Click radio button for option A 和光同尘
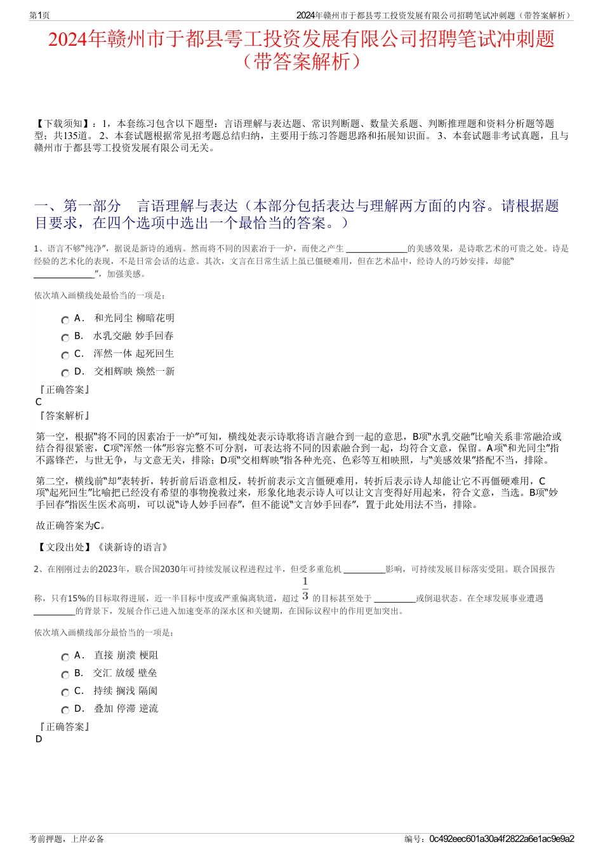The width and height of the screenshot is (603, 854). pyautogui.click(x=65, y=320)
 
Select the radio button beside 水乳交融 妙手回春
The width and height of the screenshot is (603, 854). pyautogui.click(x=65, y=338)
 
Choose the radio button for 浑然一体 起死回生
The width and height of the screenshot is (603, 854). pyautogui.click(x=65, y=356)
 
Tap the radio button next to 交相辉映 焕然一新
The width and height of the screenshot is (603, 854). pyautogui.click(x=65, y=373)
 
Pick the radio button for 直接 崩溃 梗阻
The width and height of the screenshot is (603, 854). pyautogui.click(x=65, y=657)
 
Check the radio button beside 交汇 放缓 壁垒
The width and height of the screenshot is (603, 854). pyautogui.click(x=65, y=675)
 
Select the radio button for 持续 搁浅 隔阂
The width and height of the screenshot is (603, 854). pyautogui.click(x=65, y=693)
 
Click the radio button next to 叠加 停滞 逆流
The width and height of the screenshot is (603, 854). pyautogui.click(x=65, y=711)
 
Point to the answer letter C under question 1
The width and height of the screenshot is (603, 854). pyautogui.click(x=39, y=402)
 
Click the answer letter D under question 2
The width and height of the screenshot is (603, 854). pyautogui.click(x=39, y=739)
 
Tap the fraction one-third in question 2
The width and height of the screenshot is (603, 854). pyautogui.click(x=305, y=589)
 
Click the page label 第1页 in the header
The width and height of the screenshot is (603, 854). pyautogui.click(x=39, y=15)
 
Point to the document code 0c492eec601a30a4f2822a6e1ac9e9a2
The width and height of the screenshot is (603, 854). pyautogui.click(x=501, y=839)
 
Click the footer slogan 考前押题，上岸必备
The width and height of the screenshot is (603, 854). pyautogui.click(x=67, y=839)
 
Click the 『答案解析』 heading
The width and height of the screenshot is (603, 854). pyautogui.click(x=64, y=415)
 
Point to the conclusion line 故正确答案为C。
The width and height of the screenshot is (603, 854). pyautogui.click(x=71, y=525)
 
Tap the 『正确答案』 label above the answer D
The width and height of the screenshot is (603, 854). pyautogui.click(x=64, y=726)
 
